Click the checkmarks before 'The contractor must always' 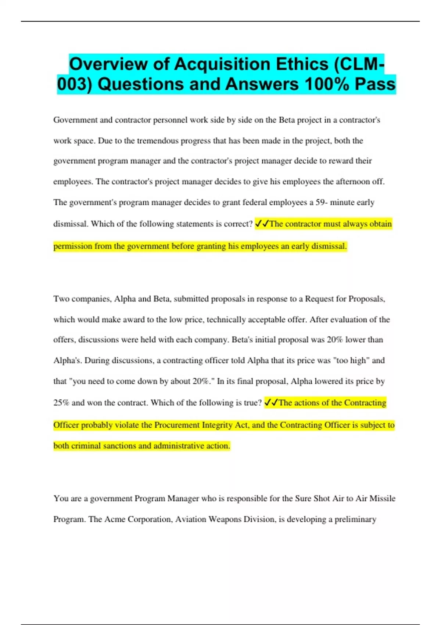pos(262,224)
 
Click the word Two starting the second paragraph pos(61,299)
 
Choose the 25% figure pos(61,403)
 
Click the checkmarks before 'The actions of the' pos(271,403)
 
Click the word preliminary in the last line pos(355,519)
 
